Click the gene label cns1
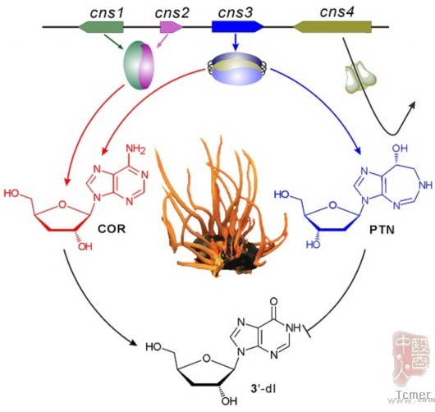coord(107,13)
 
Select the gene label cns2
coord(172,13)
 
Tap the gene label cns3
coord(236,13)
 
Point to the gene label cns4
coord(337,12)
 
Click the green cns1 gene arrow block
coord(101,27)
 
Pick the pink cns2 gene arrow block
coord(172,27)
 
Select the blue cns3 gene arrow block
coord(238,27)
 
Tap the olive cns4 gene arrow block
coord(332,27)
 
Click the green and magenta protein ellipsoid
coord(139,65)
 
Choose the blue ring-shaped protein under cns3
coord(237,68)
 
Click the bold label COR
coord(112,229)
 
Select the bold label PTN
coord(382,230)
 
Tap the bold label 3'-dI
coord(263,389)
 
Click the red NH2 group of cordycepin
coord(135,149)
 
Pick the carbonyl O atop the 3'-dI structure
coord(273,301)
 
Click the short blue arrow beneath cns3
coord(236,42)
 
